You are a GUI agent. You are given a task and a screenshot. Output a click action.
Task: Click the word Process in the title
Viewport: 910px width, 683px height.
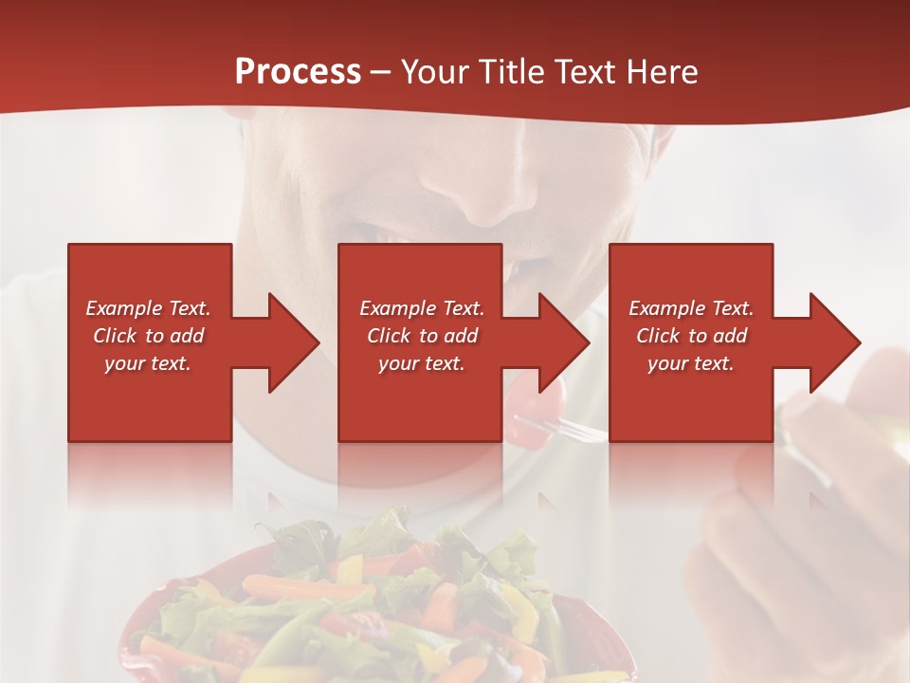pos(298,72)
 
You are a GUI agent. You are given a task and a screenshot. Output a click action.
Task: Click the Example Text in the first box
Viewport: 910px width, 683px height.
pos(149,308)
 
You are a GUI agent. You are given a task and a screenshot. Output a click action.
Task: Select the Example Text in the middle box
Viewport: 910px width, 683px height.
pos(421,308)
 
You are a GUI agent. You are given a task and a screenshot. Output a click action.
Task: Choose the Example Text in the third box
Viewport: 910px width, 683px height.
pos(691,308)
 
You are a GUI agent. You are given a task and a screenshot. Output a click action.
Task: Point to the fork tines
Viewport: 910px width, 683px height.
pos(583,430)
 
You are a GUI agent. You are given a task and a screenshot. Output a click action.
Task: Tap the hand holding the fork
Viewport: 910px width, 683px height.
pos(815,493)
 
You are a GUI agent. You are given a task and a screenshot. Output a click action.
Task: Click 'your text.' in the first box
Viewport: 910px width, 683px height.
pos(149,363)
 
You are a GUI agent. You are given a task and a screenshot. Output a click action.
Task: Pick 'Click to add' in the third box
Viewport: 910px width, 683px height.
pos(691,336)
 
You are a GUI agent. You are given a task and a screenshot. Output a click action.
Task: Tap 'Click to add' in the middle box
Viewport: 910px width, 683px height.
pos(421,336)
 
